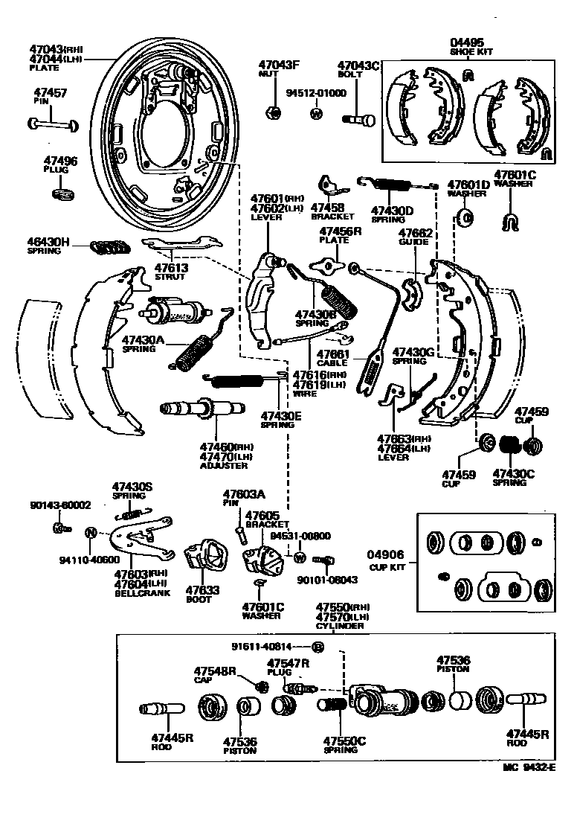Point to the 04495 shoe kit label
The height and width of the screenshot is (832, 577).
[466, 46]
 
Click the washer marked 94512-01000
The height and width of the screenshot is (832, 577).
[316, 114]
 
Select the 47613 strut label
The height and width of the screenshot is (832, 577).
[171, 271]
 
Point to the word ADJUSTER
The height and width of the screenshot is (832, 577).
[224, 465]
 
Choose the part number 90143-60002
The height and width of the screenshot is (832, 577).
[60, 505]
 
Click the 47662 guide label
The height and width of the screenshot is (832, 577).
[415, 237]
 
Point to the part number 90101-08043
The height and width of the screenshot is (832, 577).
[327, 580]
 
